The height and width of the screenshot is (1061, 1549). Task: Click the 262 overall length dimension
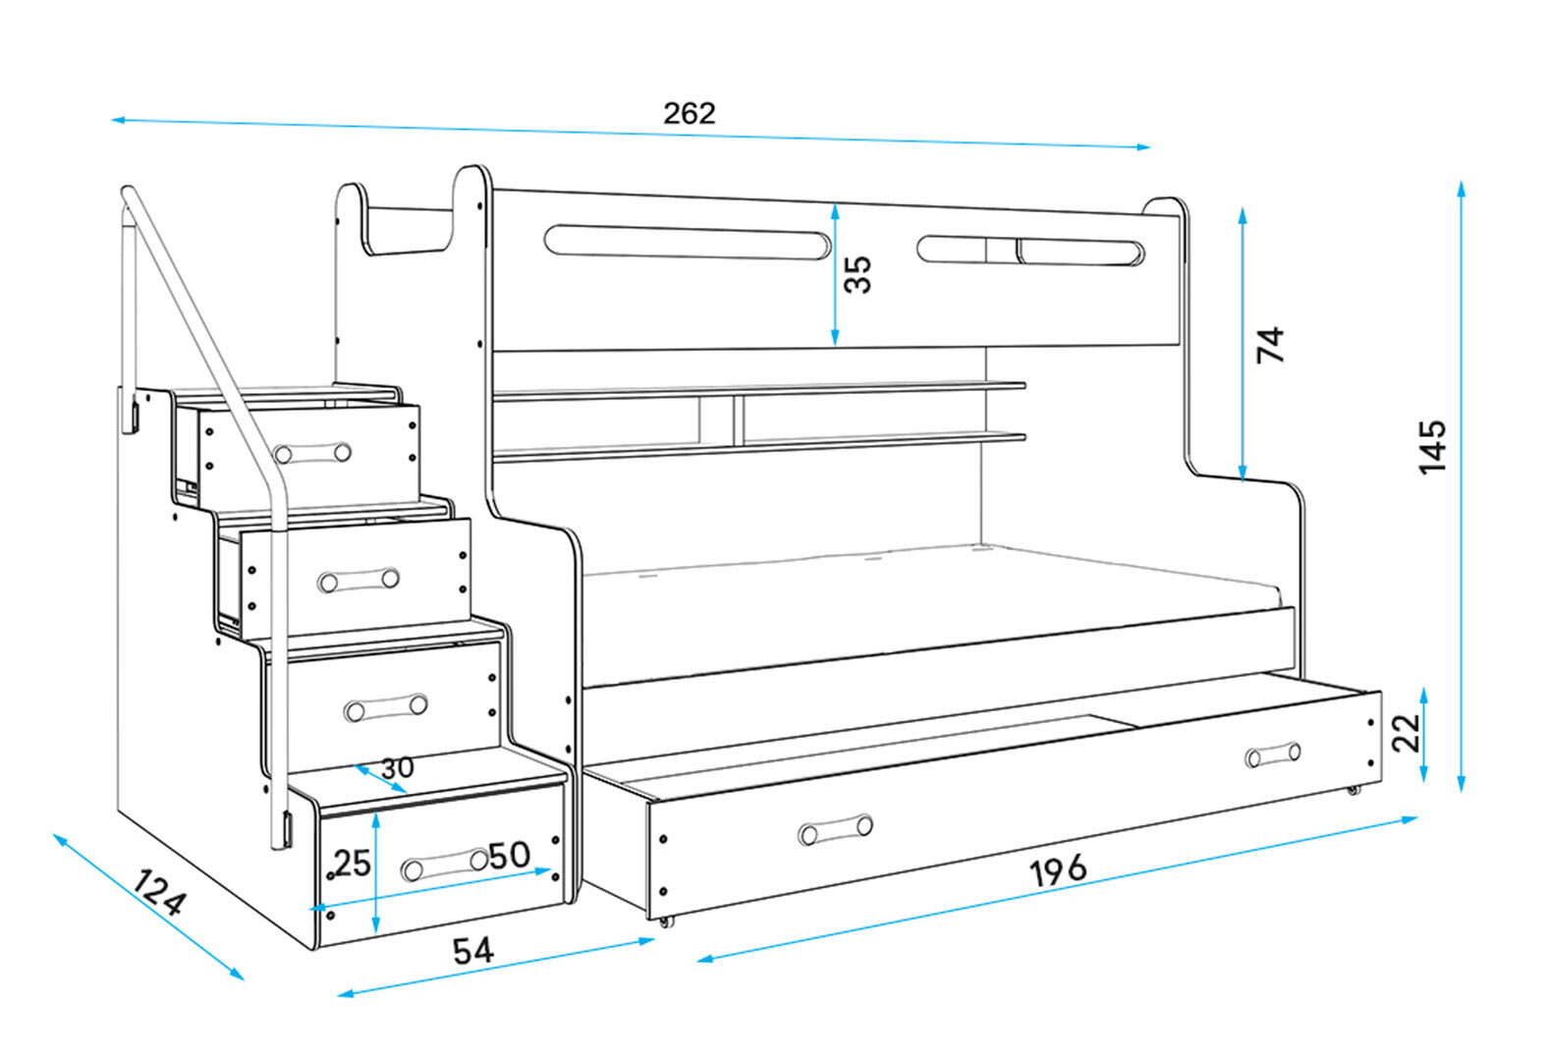point(689,114)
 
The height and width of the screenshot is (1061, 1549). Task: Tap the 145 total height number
point(1432,447)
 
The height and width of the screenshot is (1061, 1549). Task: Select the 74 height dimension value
point(1270,345)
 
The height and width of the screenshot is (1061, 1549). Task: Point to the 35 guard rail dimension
point(857,274)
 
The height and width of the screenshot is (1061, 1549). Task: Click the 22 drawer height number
point(1407,731)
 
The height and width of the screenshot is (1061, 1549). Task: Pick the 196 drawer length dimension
point(1058,869)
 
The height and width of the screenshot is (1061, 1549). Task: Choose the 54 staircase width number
point(472,950)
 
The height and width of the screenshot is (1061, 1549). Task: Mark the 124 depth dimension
point(158,893)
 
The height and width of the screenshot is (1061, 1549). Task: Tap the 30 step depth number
point(397,767)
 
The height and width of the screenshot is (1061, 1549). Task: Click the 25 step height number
point(353,863)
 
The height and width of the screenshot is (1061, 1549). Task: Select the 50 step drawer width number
point(510,856)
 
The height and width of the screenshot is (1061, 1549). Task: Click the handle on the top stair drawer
point(312,453)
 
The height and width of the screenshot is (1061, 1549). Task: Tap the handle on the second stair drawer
point(359,580)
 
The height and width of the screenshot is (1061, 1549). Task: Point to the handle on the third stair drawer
point(386,707)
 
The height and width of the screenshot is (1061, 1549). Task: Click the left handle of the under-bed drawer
point(836,830)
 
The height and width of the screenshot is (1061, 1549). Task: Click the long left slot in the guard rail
point(687,242)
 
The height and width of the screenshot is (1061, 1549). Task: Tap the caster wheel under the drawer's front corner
point(667,921)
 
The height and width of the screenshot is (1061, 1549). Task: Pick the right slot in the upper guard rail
point(1031,251)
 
